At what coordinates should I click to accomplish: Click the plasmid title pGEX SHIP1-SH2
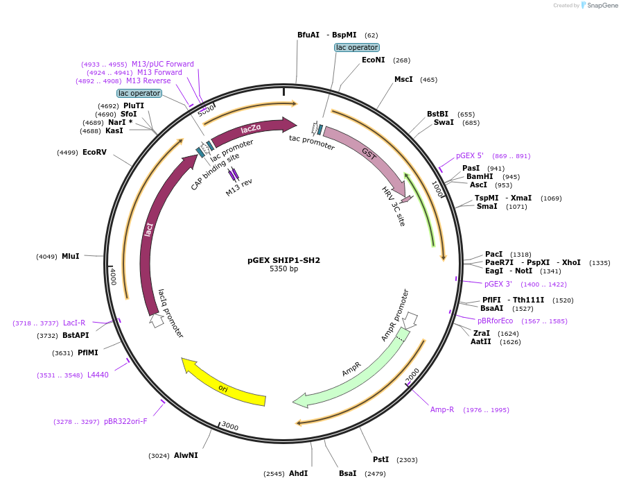pyautogui.click(x=283, y=261)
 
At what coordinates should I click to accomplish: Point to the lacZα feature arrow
pyautogui.click(x=252, y=130)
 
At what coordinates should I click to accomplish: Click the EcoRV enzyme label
pyautogui.click(x=94, y=152)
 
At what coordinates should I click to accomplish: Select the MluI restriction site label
pyautogui.click(x=71, y=256)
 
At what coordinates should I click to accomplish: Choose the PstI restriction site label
pyautogui.click(x=381, y=459)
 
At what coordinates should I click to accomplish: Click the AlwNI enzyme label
pyautogui.click(x=186, y=455)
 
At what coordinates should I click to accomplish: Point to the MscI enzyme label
pyautogui.click(x=403, y=79)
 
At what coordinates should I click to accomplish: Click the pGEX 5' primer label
pyautogui.click(x=469, y=155)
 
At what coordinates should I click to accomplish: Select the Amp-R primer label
pyautogui.click(x=442, y=409)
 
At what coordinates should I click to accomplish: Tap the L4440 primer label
pyautogui.click(x=98, y=375)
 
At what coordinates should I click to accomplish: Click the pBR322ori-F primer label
pyautogui.click(x=125, y=421)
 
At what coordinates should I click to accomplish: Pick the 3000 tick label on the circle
pyautogui.click(x=229, y=426)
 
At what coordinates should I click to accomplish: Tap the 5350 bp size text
pyautogui.click(x=283, y=269)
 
